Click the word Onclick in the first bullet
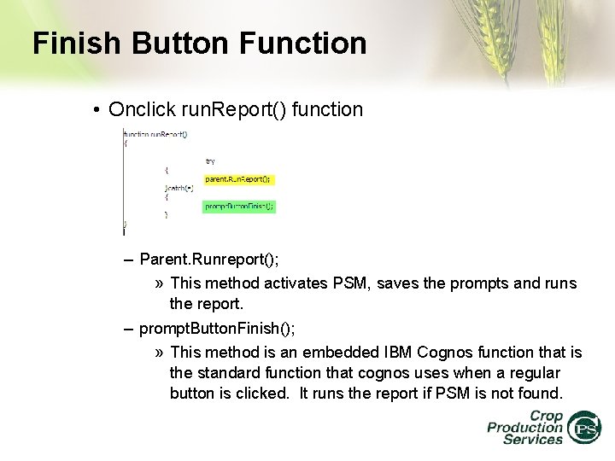click(x=141, y=110)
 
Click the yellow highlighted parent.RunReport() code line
click(x=239, y=179)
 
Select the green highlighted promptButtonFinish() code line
click(x=239, y=206)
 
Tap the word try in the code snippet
click(x=210, y=160)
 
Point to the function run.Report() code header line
click(x=155, y=134)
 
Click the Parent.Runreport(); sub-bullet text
click(x=209, y=259)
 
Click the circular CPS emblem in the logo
click(x=585, y=428)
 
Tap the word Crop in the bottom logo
click(x=546, y=416)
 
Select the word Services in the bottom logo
click(x=533, y=440)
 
